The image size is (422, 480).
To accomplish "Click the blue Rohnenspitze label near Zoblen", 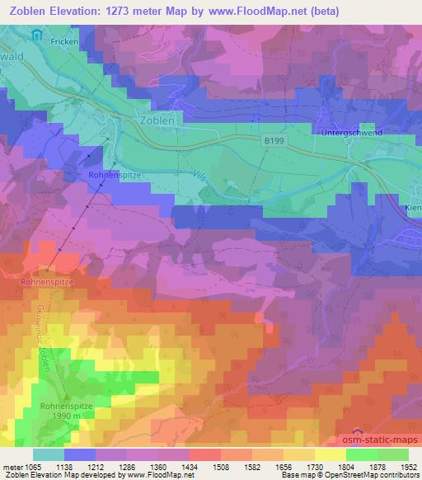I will [x=116, y=176].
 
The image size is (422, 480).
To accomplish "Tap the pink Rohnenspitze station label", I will [x=47, y=281].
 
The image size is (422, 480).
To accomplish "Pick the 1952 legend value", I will [x=407, y=466].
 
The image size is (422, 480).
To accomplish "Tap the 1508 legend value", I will [x=222, y=466].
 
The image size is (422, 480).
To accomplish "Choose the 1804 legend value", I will [x=345, y=466].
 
